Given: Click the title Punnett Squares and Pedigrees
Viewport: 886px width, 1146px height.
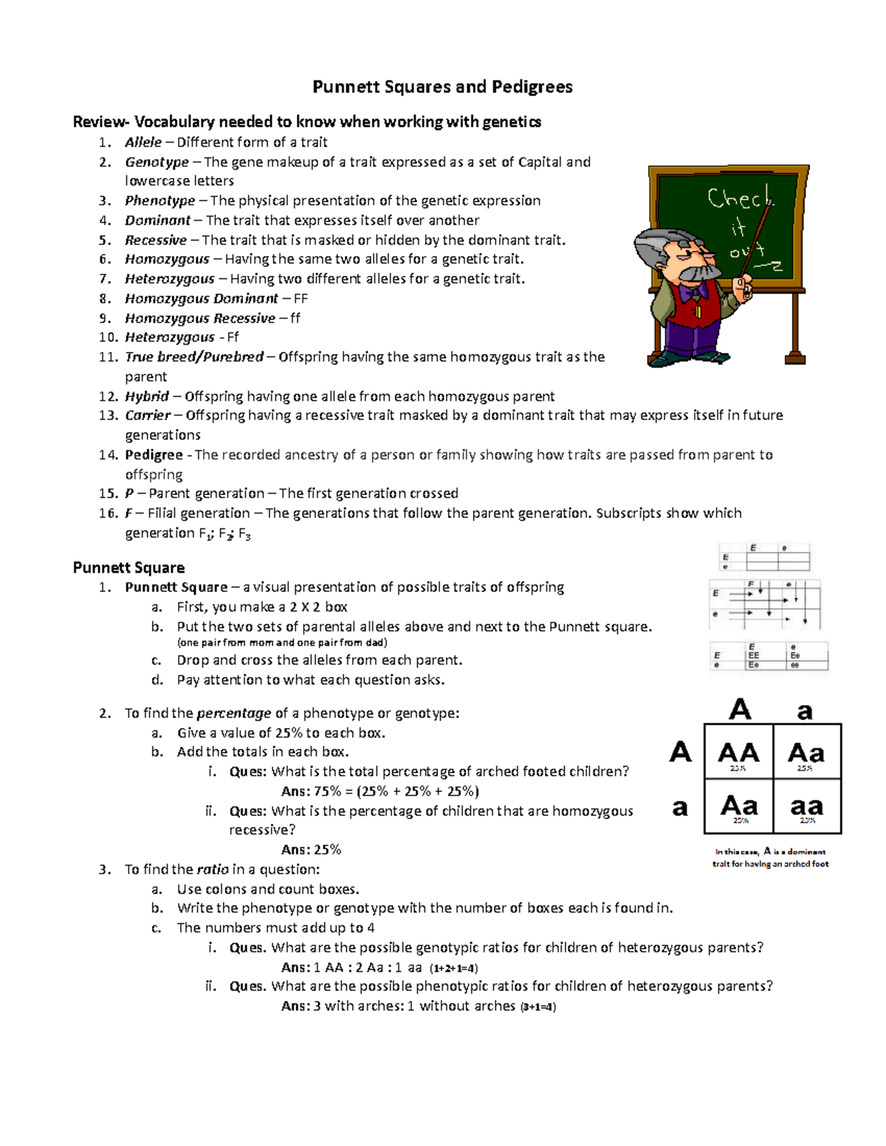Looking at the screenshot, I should [442, 87].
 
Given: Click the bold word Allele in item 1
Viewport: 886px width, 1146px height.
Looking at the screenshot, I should [143, 142].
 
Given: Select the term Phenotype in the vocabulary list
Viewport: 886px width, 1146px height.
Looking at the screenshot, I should [159, 201].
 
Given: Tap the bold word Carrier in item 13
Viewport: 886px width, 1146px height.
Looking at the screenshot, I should [148, 415].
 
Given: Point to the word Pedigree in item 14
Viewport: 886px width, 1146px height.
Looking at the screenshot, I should [154, 455].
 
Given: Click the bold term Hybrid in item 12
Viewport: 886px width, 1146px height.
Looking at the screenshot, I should [147, 396].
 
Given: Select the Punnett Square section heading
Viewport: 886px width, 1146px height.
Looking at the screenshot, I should [128, 567].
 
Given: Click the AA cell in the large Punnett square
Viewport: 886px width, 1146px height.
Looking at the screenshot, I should [738, 753].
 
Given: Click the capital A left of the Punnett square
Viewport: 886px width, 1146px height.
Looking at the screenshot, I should [680, 752].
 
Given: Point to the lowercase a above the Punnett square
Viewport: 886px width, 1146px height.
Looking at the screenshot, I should [805, 711].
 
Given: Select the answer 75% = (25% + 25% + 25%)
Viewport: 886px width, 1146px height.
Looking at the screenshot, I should [380, 791].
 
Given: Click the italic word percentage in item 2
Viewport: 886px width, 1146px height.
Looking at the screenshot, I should [233, 714].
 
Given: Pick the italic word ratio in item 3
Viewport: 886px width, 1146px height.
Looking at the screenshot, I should [213, 869].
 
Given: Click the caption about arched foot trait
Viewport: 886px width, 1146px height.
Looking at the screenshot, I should [770, 857].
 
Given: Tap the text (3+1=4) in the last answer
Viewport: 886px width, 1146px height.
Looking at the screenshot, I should [538, 1007].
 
